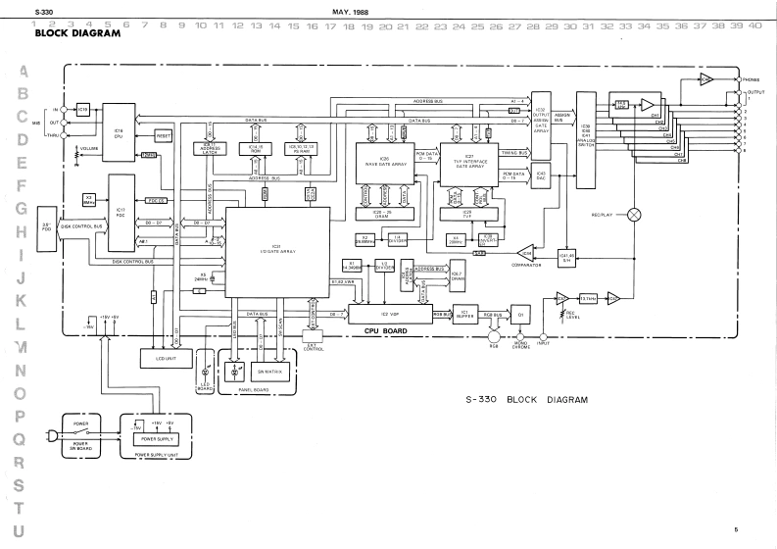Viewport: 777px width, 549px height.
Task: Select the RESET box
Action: (x=164, y=135)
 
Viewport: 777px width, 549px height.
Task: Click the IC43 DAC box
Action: (x=541, y=177)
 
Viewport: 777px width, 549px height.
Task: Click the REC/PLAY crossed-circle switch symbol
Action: (x=634, y=213)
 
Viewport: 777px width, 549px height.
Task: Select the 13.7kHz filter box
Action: (x=589, y=298)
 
